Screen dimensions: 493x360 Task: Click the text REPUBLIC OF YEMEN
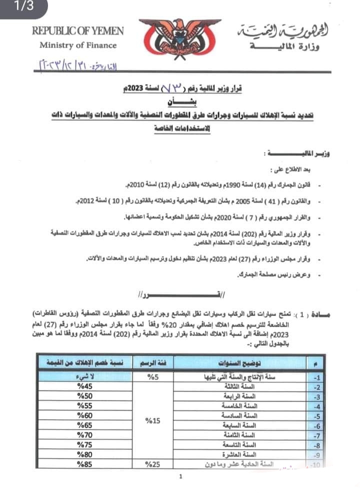click(78, 30)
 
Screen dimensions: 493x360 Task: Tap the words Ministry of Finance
click(78, 45)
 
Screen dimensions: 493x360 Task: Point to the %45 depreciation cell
click(81, 387)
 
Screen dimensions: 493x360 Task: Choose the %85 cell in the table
click(81, 464)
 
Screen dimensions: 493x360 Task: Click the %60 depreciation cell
click(81, 415)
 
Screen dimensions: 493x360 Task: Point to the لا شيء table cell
click(81, 377)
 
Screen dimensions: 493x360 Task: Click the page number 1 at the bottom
click(179, 477)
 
